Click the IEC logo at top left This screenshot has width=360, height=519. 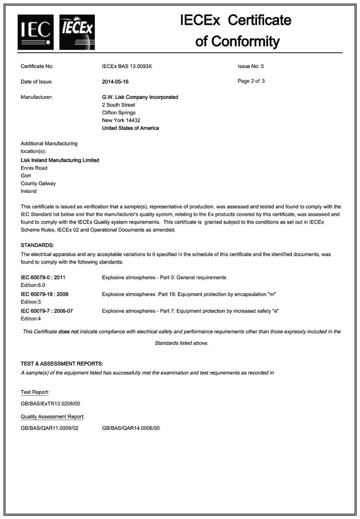35,32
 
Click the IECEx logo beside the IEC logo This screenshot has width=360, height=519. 77,32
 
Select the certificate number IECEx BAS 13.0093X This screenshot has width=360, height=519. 127,66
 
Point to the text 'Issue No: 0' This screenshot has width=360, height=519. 251,66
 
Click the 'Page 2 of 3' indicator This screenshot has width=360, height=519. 251,81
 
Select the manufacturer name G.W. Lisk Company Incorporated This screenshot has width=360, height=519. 140,97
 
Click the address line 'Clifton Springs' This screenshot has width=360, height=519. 119,113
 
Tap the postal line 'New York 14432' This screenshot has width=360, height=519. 121,120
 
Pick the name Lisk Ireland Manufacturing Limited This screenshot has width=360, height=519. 59,160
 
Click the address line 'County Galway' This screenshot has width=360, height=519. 38,183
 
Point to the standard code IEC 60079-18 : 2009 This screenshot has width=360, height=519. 45,294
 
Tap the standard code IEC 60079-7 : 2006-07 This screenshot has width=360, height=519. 47,311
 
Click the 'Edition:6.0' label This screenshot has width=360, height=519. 33,285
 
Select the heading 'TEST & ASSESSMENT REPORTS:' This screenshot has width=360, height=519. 61,364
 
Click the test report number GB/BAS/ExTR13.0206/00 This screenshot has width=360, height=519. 50,404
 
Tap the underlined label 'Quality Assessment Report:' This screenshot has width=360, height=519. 52,416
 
